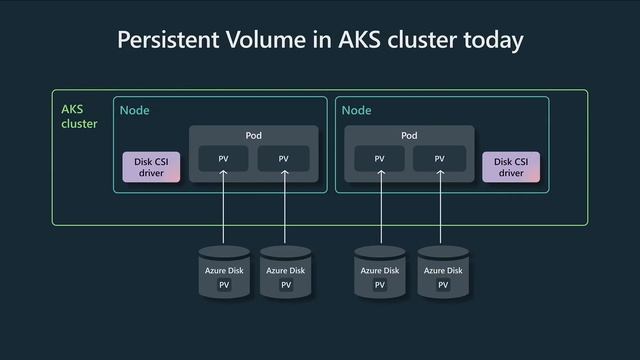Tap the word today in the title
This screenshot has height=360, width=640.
pyautogui.click(x=488, y=40)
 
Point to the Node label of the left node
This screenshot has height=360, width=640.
pyautogui.click(x=135, y=110)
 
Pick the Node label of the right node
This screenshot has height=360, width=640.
pyautogui.click(x=356, y=110)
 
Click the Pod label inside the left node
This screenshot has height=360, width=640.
pyautogui.click(x=254, y=135)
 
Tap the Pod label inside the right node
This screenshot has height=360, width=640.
pyautogui.click(x=409, y=135)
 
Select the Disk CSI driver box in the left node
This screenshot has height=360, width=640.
pyautogui.click(x=151, y=167)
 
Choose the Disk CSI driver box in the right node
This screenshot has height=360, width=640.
pyautogui.click(x=511, y=167)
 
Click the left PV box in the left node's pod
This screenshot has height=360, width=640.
pyautogui.click(x=224, y=158)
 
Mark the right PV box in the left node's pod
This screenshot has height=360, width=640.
pyautogui.click(x=284, y=158)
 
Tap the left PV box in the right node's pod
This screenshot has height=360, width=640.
pyautogui.click(x=379, y=158)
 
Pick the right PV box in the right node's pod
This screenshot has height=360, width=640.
pyautogui.click(x=441, y=158)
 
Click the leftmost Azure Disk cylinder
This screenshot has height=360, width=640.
pyautogui.click(x=224, y=272)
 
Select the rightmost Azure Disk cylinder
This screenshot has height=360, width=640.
pyautogui.click(x=442, y=272)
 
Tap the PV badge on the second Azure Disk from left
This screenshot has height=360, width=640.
pyautogui.click(x=286, y=285)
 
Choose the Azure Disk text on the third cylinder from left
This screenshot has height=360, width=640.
pyautogui.click(x=380, y=270)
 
